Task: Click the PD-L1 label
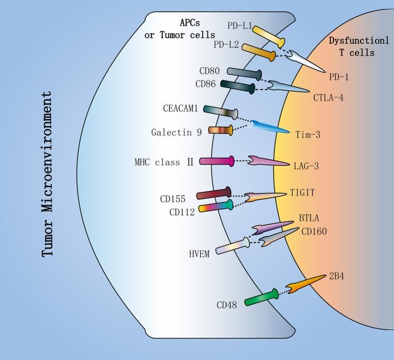click(238, 25)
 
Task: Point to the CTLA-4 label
click(329, 96)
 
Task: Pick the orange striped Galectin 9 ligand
click(220, 130)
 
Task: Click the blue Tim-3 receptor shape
click(270, 127)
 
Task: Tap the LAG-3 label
click(306, 166)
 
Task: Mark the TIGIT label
click(303, 193)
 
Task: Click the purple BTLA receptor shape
click(273, 227)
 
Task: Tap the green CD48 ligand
click(261, 298)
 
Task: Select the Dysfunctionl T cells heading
click(358, 47)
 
